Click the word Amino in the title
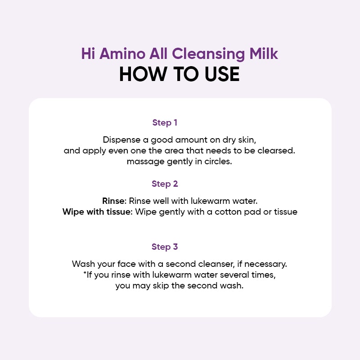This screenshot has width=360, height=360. pyautogui.click(x=122, y=54)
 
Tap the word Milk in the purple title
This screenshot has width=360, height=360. pyautogui.click(x=264, y=54)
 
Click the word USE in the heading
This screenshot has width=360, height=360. pyautogui.click(x=222, y=74)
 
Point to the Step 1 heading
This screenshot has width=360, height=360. pyautogui.click(x=165, y=122)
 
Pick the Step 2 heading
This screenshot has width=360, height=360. pyautogui.click(x=165, y=184)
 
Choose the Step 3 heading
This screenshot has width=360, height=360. pyautogui.click(x=165, y=247)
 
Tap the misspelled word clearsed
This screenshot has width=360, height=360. pyautogui.click(x=276, y=151)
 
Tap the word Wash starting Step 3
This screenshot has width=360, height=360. pyautogui.click(x=83, y=264)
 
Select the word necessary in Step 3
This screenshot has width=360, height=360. pyautogui.click(x=265, y=264)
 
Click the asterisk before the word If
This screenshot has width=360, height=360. pyautogui.click(x=85, y=273)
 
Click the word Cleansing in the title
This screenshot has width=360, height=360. pyautogui.click(x=208, y=54)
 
